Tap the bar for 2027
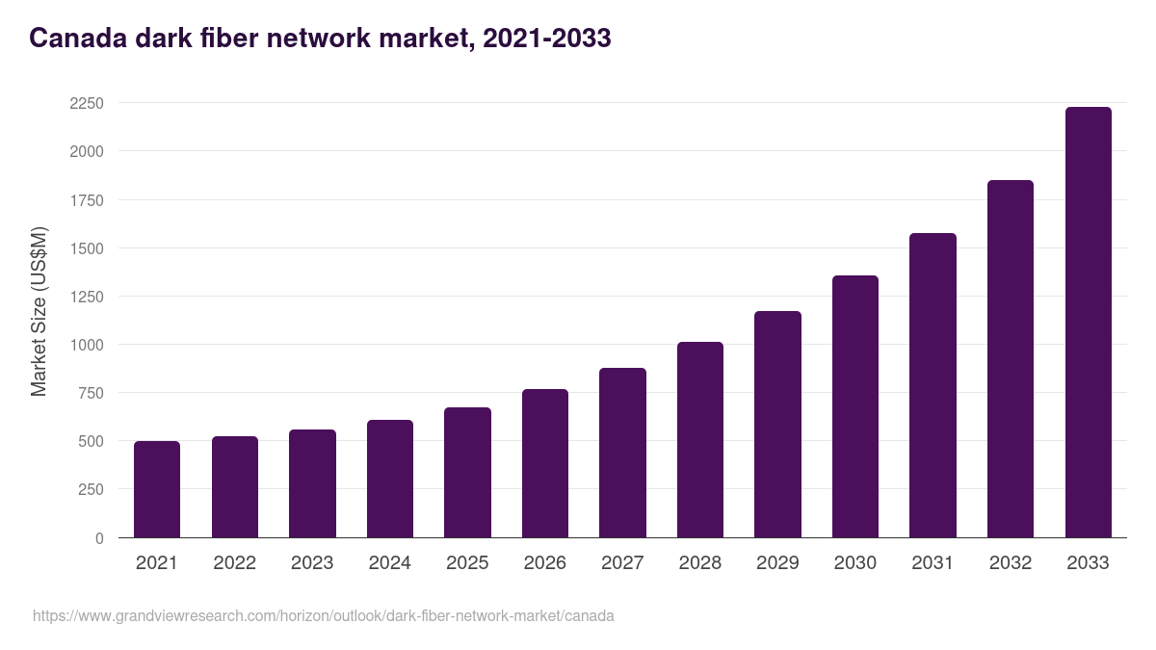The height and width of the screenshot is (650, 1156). [x=622, y=453]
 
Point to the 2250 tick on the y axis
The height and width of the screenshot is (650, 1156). [x=87, y=104]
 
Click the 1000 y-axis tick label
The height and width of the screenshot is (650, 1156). [x=87, y=345]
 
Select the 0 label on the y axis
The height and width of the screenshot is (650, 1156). [x=99, y=538]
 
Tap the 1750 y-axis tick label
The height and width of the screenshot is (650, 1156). [x=87, y=200]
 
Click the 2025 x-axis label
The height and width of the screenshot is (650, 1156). [x=467, y=563]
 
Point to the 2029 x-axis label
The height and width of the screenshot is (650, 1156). [x=777, y=563]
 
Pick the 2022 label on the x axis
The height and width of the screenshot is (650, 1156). [x=235, y=563]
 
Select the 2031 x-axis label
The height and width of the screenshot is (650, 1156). [x=933, y=563]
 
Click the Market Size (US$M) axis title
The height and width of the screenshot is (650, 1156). [x=39, y=311]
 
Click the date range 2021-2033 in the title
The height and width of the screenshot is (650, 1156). [x=546, y=39]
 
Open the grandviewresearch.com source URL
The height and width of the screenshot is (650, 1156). [x=323, y=615]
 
